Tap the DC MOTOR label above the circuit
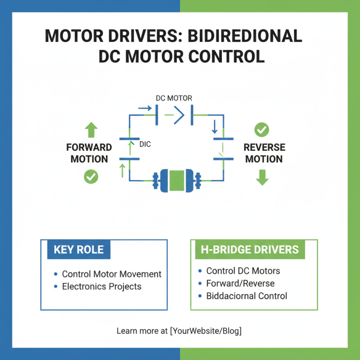[174, 98]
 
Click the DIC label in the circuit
[145, 144]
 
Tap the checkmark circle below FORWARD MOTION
[91, 177]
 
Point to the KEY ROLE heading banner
[78, 250]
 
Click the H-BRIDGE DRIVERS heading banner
[250, 250]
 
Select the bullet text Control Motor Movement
[112, 274]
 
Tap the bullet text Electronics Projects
[102, 287]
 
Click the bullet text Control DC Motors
[243, 271]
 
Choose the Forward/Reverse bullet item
[240, 283]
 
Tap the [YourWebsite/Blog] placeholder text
[206, 331]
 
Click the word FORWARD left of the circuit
[89, 148]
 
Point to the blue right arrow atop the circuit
[144, 108]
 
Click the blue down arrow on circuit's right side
[214, 127]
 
